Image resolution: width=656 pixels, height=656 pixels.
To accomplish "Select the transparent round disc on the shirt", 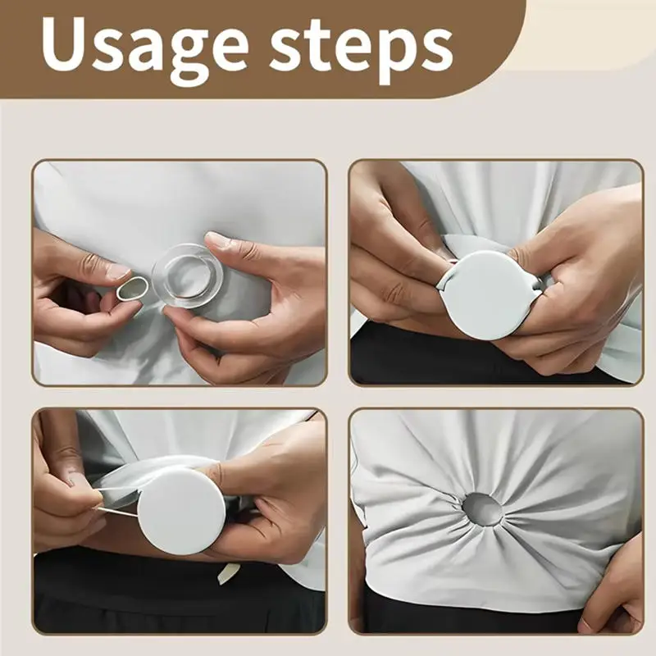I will point(187,276).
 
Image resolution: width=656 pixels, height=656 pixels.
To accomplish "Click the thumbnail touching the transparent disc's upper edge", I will point(217,240).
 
